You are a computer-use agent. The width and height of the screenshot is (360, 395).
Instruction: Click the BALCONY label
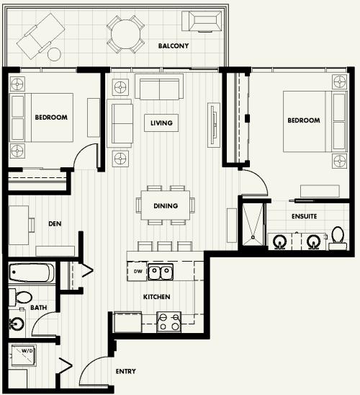coord(174,46)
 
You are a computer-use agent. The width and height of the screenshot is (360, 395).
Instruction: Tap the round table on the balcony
coord(125,35)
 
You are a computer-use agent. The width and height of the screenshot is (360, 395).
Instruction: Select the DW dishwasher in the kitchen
coord(138,271)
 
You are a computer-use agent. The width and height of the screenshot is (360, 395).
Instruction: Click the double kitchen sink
coord(161,272)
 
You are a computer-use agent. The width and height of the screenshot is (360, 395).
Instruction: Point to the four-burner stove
coord(168,322)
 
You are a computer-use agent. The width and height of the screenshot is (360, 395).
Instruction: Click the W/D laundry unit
coord(24,355)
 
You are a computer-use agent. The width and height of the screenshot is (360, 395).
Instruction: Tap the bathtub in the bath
coord(32,272)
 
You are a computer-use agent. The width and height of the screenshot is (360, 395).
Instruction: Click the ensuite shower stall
coord(253,224)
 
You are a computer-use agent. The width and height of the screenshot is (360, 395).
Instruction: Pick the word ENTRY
coord(125,371)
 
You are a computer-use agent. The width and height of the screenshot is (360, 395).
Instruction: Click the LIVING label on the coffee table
coord(161,123)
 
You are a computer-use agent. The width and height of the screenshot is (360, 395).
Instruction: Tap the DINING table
coord(166,205)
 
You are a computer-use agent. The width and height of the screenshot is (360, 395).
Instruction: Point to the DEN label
coord(55,223)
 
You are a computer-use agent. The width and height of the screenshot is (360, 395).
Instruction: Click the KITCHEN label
coord(156,297)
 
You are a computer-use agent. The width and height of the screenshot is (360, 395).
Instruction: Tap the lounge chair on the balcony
coord(40,36)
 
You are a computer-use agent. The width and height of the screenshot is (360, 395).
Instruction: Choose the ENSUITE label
coord(304,216)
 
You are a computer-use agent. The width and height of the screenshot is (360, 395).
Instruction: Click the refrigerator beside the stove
coord(127,322)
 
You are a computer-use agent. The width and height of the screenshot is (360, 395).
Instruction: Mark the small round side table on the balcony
coord(54,54)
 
